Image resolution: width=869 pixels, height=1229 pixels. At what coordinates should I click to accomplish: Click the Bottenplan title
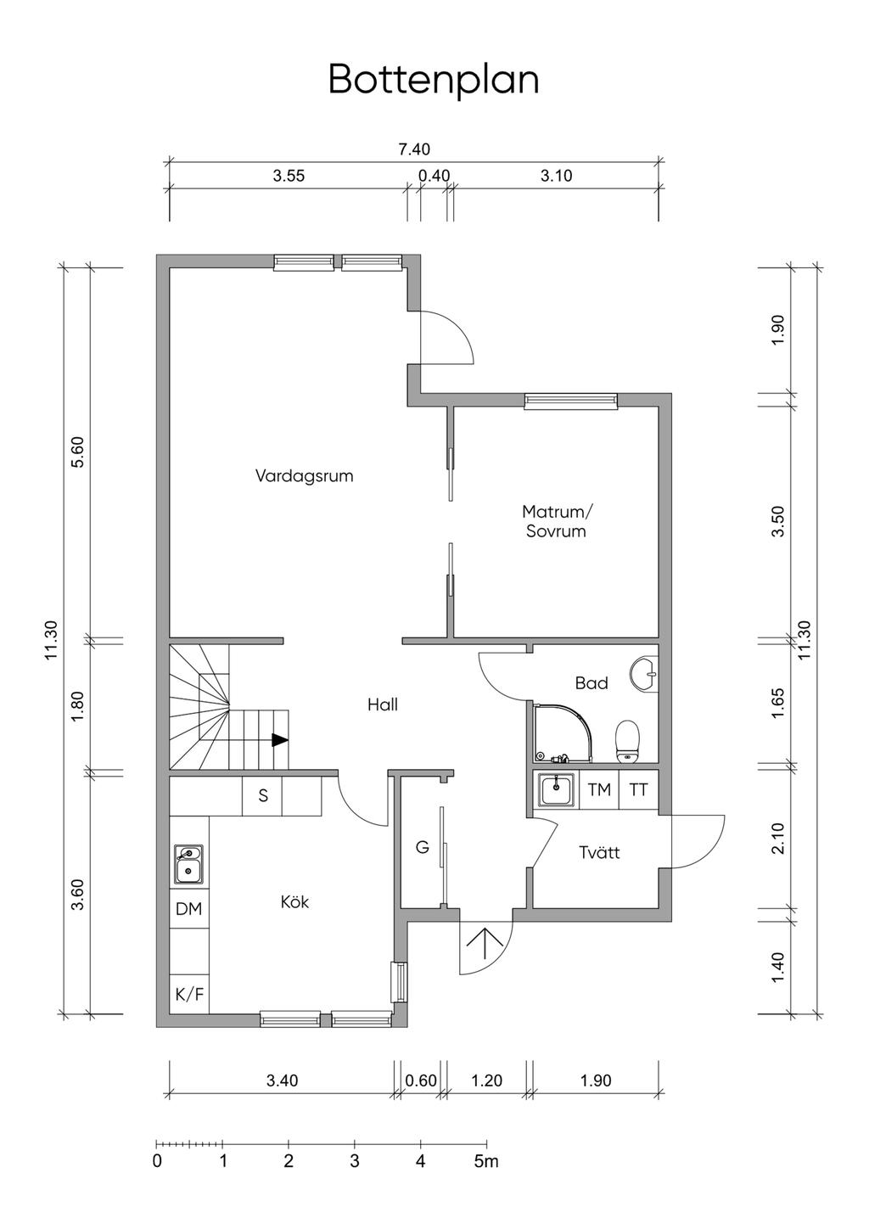(434, 81)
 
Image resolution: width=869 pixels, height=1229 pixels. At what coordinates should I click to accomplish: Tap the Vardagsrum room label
(304, 475)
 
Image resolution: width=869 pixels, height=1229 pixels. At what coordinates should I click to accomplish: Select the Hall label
(383, 704)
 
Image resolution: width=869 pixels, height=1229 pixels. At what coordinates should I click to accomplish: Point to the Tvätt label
(599, 852)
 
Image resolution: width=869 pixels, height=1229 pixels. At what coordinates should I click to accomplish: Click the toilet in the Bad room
(628, 742)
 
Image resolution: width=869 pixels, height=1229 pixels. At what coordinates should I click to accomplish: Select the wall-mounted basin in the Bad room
(645, 674)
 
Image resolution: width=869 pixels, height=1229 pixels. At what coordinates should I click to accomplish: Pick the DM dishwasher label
(188, 909)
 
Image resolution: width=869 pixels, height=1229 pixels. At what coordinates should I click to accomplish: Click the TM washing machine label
(599, 789)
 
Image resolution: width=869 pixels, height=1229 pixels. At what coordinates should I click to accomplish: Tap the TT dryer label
(638, 789)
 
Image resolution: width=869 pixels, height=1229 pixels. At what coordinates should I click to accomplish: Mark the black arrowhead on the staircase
(280, 740)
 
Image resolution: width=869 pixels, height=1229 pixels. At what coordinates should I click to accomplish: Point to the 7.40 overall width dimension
(414, 149)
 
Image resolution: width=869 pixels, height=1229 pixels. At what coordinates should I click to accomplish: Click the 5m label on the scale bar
(486, 1160)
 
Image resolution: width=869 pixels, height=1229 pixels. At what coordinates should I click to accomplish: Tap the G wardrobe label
(422, 848)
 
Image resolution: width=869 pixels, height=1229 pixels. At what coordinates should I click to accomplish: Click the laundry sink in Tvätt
(557, 790)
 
